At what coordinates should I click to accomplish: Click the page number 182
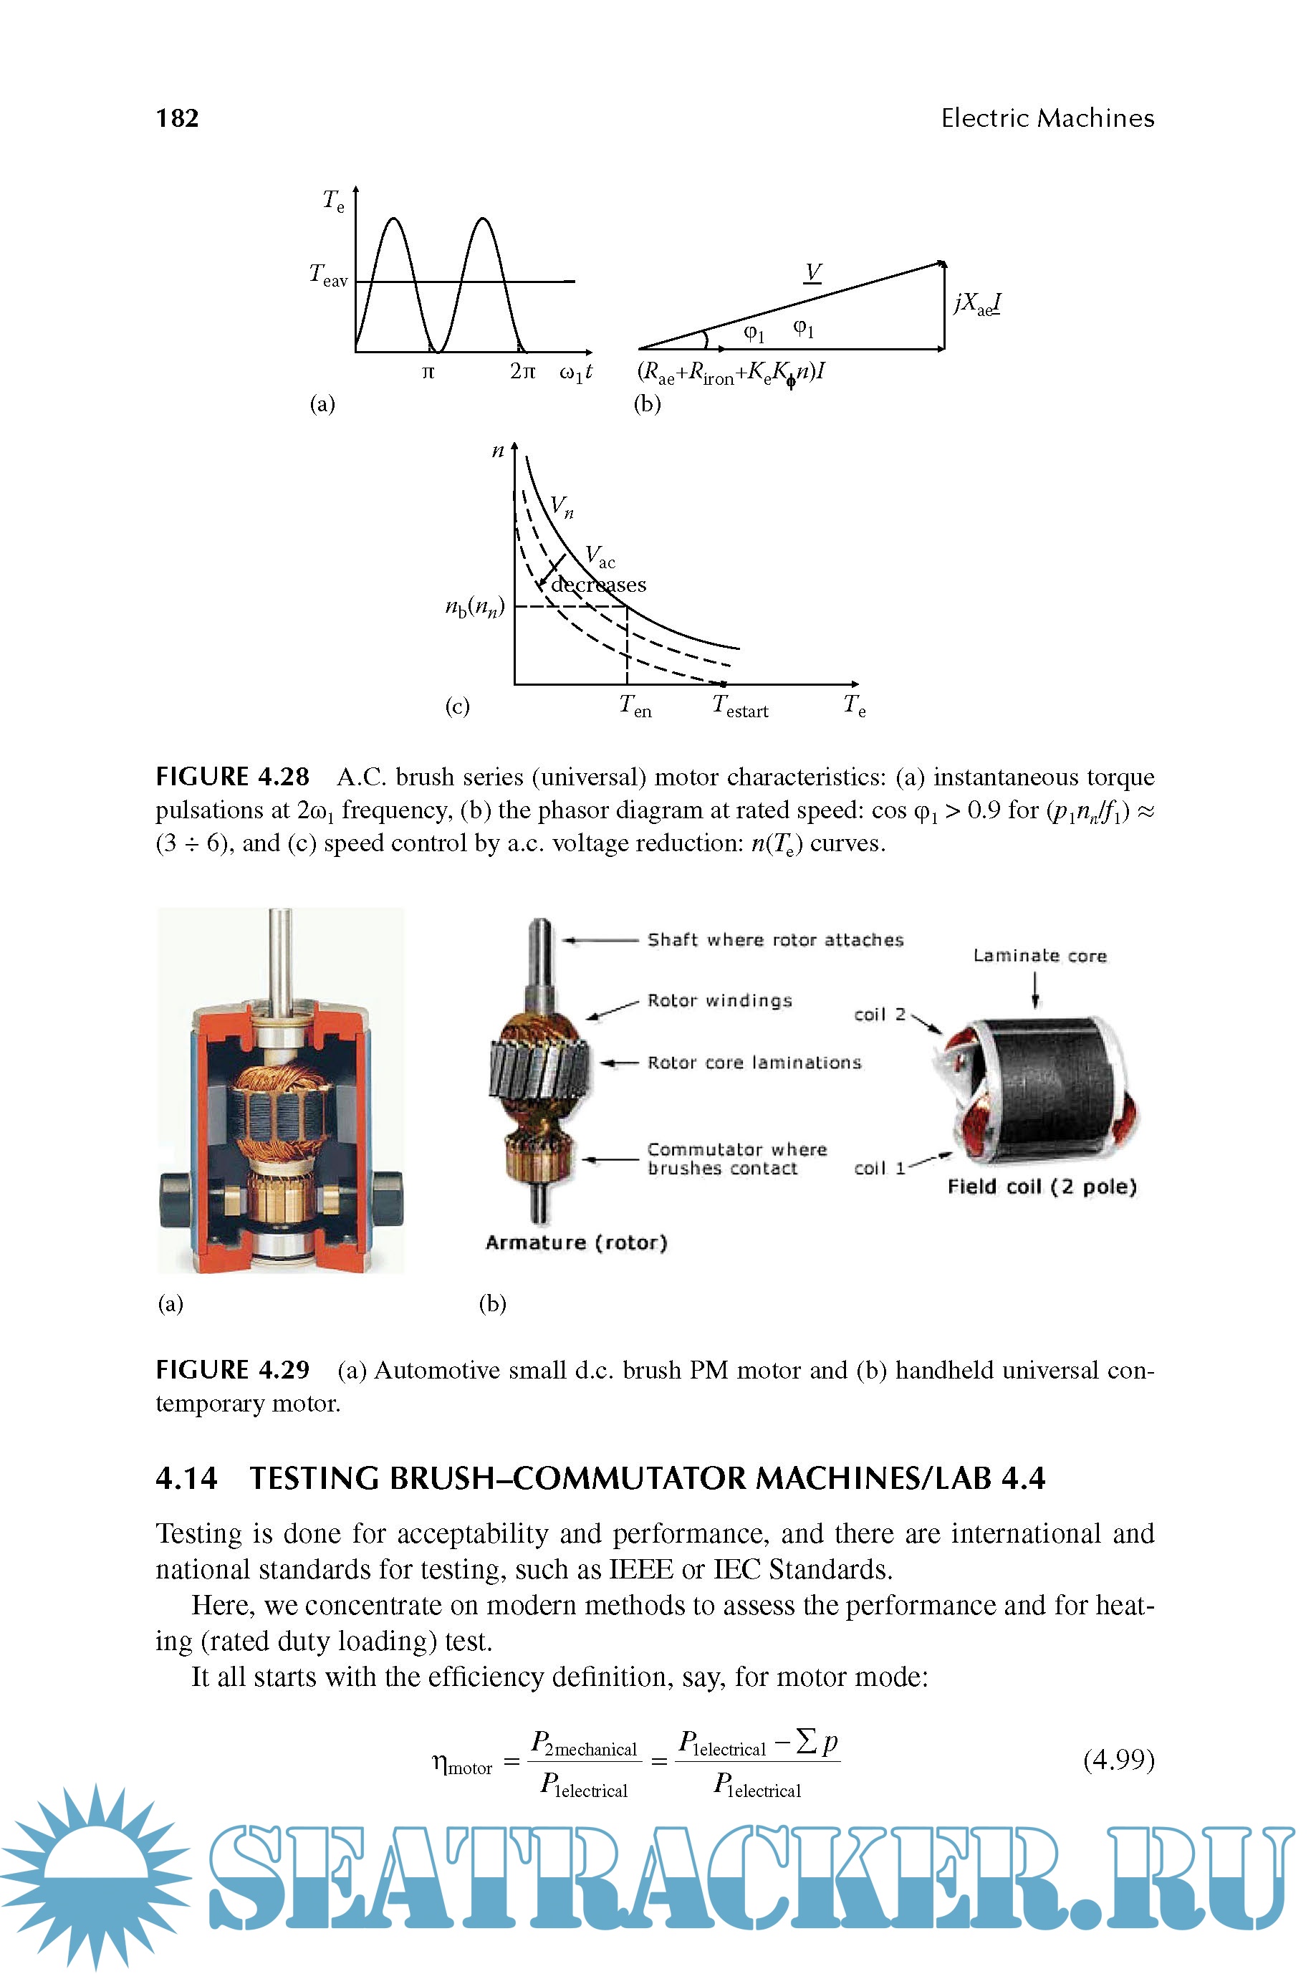pyautogui.click(x=177, y=118)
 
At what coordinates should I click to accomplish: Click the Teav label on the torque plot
pyautogui.click(x=328, y=275)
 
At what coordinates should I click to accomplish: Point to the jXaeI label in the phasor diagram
pyautogui.click(x=978, y=304)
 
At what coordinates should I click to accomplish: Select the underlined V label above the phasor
pyautogui.click(x=812, y=272)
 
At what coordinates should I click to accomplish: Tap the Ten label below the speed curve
pyautogui.click(x=635, y=706)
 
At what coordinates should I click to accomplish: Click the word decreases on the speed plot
pyautogui.click(x=598, y=584)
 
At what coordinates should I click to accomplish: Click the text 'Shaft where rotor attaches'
pyautogui.click(x=774, y=940)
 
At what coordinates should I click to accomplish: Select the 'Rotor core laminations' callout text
pyautogui.click(x=754, y=1063)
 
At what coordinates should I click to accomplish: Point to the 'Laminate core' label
pyautogui.click(x=1039, y=956)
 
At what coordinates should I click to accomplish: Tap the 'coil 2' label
pyautogui.click(x=880, y=1015)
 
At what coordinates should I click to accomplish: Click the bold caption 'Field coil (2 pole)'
pyautogui.click(x=1042, y=1187)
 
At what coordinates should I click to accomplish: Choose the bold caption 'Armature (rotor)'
pyautogui.click(x=576, y=1242)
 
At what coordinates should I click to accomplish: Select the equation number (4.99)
pyautogui.click(x=1119, y=1759)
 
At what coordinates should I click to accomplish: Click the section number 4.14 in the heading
pyautogui.click(x=186, y=1478)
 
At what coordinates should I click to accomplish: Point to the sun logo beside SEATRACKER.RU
pyautogui.click(x=94, y=1877)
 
